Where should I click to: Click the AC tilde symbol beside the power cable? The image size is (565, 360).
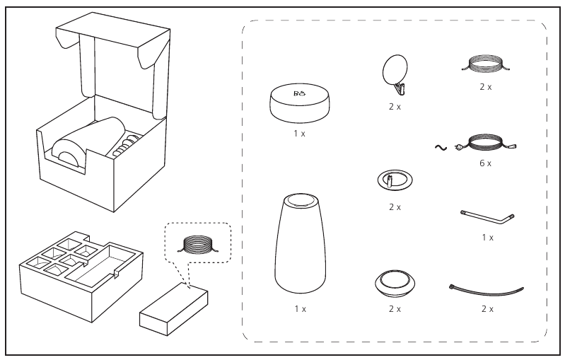439,147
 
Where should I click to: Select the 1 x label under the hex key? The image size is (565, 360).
487,237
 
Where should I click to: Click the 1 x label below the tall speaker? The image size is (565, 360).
299,309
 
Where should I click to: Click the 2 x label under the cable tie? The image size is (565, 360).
487,309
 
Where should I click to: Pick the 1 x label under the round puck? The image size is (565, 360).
299,133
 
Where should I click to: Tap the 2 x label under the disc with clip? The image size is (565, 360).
395,106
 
